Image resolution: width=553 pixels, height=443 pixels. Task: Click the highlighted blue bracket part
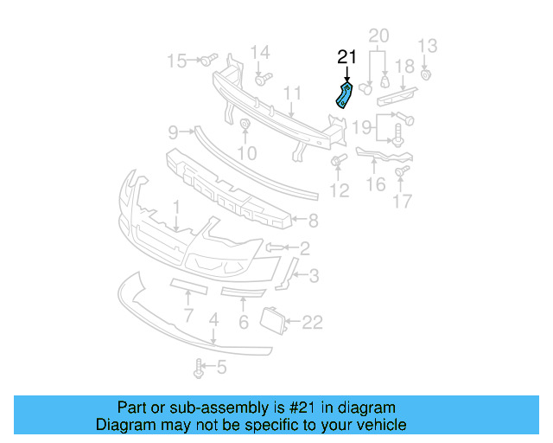point(344,96)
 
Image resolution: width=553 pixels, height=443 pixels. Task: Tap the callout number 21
point(346,58)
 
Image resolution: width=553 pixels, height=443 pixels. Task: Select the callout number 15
point(176,61)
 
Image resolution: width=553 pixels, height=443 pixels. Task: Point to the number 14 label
point(260,52)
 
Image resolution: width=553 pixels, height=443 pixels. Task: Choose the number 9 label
point(173,132)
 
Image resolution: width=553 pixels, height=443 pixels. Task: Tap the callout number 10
point(247,153)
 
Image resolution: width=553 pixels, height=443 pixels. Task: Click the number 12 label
point(340,189)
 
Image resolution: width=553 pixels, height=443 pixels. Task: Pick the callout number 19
point(362,128)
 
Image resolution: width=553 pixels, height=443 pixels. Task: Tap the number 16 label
point(376,184)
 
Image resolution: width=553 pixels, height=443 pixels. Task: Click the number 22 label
point(312,323)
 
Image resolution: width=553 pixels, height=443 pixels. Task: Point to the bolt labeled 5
point(200,368)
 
